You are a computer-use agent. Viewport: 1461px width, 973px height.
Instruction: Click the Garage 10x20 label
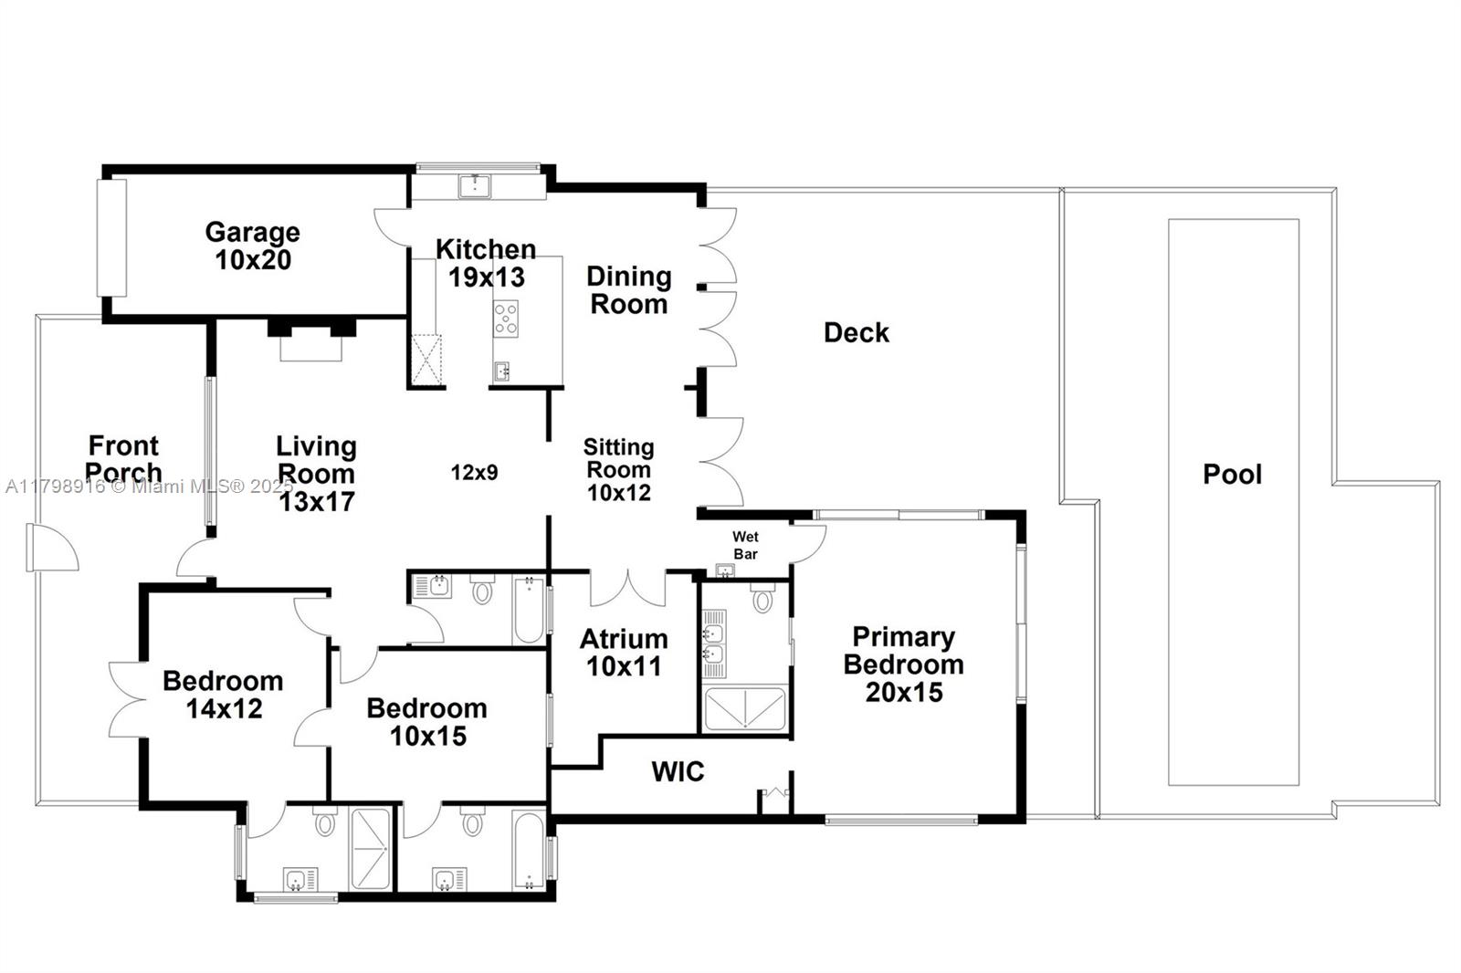coord(252,246)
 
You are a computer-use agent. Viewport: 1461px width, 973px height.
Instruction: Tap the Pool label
coord(1232,475)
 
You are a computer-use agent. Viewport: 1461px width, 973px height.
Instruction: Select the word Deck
coord(856,333)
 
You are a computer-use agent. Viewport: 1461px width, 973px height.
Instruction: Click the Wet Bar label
coord(745,545)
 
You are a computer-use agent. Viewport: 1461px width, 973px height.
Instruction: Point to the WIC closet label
coord(678,772)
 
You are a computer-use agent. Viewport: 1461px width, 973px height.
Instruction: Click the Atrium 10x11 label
coord(624,653)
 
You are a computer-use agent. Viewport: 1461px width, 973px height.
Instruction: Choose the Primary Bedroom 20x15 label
coord(903,664)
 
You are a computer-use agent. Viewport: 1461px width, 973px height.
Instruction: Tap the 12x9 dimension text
coord(474,473)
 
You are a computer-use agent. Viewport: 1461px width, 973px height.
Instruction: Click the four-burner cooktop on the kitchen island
coord(506,319)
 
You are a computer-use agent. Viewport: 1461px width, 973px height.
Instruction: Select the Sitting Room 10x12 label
coord(618,470)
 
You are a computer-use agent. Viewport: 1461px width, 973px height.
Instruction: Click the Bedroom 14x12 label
coord(224,695)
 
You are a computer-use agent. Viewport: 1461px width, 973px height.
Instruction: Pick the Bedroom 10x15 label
coord(427,722)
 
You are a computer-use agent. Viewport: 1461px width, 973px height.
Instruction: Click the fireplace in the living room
coord(310,340)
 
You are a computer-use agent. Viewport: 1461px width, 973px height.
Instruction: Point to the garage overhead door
coord(111,237)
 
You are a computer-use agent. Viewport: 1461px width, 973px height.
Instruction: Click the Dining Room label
coord(628,290)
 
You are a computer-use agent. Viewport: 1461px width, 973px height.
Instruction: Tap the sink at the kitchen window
coord(475,186)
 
